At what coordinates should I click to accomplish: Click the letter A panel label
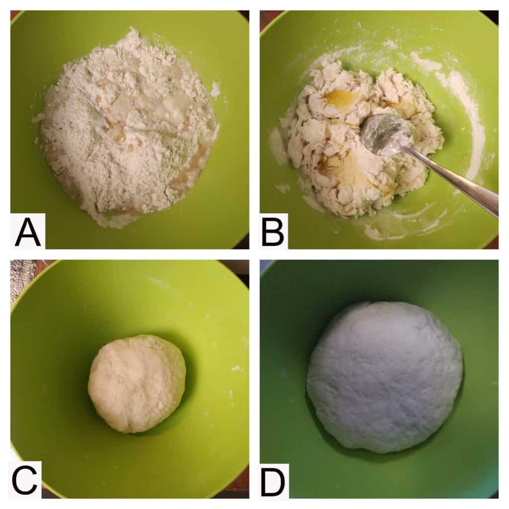pyautogui.click(x=28, y=232)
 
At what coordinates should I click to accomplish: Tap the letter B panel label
pyautogui.click(x=273, y=232)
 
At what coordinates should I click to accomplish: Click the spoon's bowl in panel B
pyautogui.click(x=386, y=135)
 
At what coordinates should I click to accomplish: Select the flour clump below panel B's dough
pyautogui.click(x=373, y=233)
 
